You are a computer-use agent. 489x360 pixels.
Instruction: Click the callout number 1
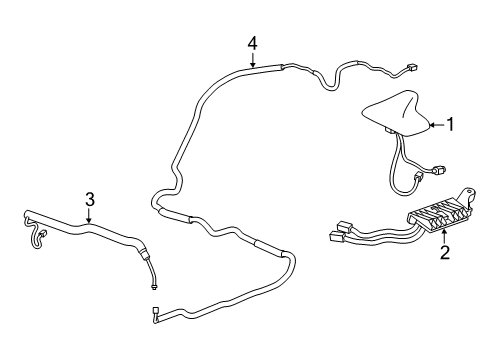(450, 125)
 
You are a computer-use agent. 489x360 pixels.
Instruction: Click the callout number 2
(445, 252)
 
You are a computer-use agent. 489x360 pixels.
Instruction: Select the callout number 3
(89, 199)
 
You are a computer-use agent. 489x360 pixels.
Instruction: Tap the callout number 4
(253, 43)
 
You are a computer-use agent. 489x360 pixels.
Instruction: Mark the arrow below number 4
(253, 59)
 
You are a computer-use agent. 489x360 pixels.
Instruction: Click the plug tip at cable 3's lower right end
(155, 282)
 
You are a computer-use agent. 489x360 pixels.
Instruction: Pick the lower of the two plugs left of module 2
(334, 238)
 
